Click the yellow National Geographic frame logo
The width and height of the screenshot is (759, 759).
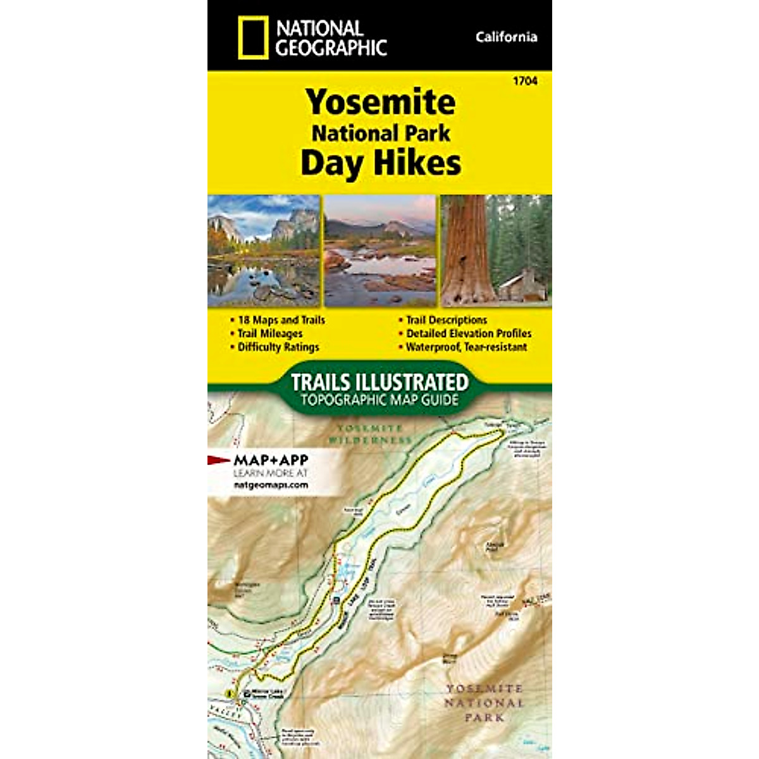253,39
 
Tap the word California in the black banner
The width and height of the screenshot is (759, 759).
506,37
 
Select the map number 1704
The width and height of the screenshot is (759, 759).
526,81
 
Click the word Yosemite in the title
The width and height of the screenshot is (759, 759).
380,102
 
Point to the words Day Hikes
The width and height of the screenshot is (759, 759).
380,163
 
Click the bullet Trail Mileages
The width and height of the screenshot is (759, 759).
269,333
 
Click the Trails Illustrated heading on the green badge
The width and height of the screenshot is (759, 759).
379,382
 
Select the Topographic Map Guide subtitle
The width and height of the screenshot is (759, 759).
379,399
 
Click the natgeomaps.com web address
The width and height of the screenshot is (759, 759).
271,485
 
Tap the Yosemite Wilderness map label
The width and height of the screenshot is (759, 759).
370,434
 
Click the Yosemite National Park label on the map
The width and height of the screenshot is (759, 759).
484,703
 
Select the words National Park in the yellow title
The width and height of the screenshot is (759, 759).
381,133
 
